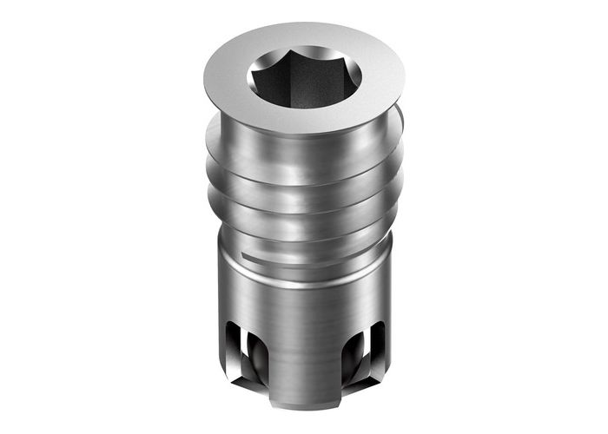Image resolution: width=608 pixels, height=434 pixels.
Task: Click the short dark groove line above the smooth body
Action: tap(261, 258)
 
